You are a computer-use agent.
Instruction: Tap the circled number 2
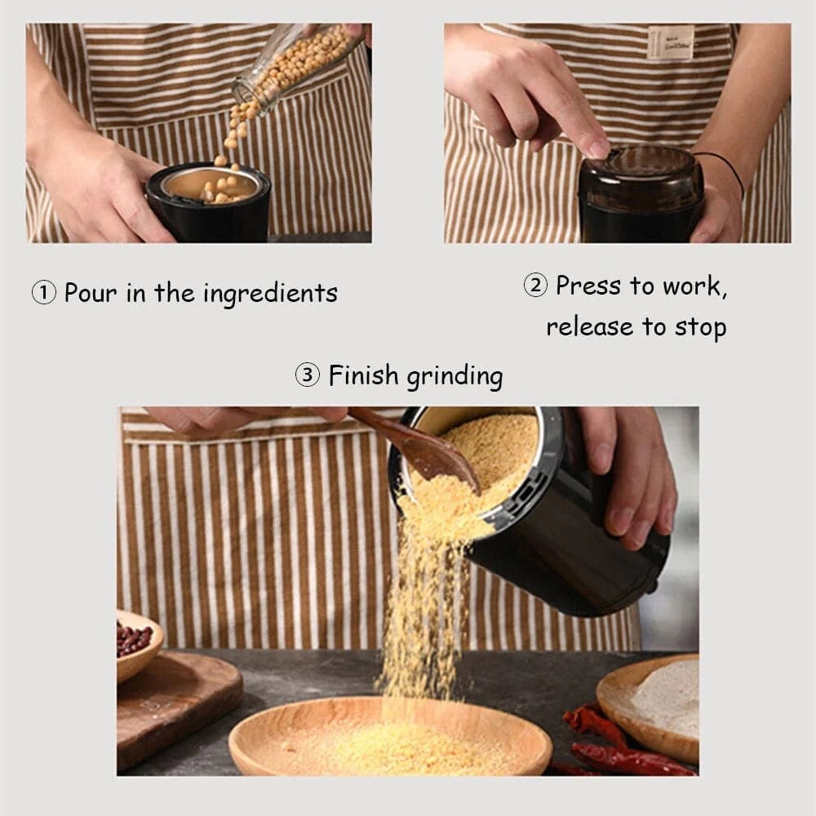coord(535,286)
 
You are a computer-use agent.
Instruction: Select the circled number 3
coord(308,376)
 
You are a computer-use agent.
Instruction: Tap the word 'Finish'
coord(364,376)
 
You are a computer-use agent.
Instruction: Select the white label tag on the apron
coord(670,42)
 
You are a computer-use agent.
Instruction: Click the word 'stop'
coord(700,327)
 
